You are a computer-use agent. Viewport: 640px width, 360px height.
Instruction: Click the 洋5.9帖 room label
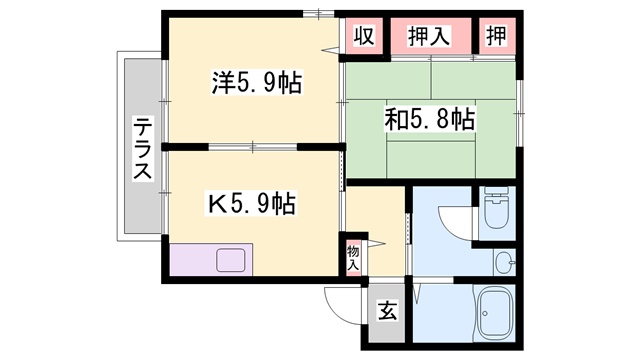click(257, 83)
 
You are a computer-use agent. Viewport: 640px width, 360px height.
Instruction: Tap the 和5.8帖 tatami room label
click(430, 119)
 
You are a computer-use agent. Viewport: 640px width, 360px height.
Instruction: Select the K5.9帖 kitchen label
click(252, 203)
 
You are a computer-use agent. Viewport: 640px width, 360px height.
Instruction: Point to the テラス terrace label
click(142, 148)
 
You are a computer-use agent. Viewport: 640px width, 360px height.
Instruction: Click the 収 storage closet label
click(363, 36)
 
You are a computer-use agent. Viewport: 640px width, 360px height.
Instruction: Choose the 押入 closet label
click(429, 36)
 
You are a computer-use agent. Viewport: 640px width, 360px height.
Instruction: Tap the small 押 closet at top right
click(496, 36)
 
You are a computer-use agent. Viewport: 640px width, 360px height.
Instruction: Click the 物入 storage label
click(353, 258)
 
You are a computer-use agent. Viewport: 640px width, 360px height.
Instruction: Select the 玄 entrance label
click(387, 311)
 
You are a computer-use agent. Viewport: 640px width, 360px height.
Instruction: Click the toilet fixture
click(496, 207)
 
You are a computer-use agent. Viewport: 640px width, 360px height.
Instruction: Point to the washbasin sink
click(505, 262)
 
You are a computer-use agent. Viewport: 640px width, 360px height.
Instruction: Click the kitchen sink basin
click(231, 260)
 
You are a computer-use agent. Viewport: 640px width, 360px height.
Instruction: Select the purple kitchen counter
click(211, 260)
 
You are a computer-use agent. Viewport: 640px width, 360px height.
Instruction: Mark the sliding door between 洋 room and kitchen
click(253, 147)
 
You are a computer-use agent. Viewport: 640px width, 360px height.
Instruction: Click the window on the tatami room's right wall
click(519, 113)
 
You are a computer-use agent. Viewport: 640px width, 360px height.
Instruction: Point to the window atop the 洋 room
click(319, 14)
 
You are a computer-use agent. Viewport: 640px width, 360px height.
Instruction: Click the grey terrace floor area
click(143, 146)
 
